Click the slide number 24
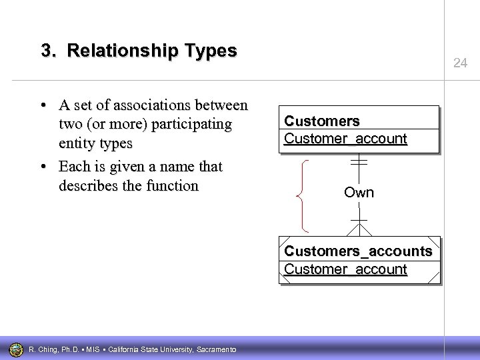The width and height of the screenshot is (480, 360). [x=460, y=63]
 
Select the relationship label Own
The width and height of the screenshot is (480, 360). [x=359, y=193]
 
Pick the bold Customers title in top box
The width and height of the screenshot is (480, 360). [x=322, y=121]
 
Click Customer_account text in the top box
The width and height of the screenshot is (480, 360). [x=345, y=139]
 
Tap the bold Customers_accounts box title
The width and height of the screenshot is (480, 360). [x=358, y=251]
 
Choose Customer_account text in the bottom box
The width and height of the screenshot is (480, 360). [x=345, y=269]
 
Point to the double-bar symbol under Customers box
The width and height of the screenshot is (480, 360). [x=359, y=161]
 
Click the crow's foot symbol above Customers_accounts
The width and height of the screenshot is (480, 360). [x=359, y=228]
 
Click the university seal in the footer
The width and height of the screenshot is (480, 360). [x=15, y=349]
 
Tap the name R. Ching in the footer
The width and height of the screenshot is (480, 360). [x=45, y=349]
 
